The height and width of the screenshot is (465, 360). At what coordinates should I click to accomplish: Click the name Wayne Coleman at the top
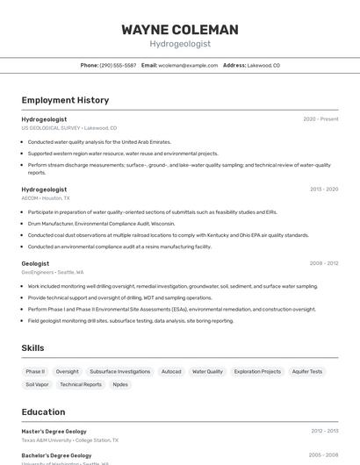tap(180, 29)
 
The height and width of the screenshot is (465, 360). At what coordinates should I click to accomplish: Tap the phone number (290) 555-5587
tap(118, 65)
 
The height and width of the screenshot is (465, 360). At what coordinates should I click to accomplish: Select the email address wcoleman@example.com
tap(187, 65)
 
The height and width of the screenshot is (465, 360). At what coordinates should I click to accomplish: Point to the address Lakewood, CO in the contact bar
tap(263, 65)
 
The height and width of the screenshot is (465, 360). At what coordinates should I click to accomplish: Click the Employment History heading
tap(65, 100)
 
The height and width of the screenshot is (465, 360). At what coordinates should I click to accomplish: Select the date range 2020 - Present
tap(320, 118)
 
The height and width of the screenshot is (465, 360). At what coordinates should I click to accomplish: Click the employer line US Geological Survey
tap(68, 127)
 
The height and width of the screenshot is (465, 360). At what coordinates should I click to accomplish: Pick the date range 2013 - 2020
tap(323, 190)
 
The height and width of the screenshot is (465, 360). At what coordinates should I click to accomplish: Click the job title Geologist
tap(35, 263)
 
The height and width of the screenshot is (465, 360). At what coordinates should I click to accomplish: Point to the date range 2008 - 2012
tap(323, 263)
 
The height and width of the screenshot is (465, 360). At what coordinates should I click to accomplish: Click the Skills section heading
tap(32, 348)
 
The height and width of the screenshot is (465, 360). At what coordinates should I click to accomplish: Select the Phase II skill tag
tap(35, 371)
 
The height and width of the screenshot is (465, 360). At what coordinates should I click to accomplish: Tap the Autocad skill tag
tap(171, 371)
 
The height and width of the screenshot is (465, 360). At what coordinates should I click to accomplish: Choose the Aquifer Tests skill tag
tap(306, 371)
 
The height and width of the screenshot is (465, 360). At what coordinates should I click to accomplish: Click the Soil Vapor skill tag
tap(37, 384)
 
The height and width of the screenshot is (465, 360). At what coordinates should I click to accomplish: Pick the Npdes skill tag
tap(120, 384)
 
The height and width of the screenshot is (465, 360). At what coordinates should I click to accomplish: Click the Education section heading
tap(44, 411)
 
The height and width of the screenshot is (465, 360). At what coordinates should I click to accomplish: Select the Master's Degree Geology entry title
tap(54, 431)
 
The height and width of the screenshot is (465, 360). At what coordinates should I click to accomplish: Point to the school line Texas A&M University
tap(69, 440)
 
